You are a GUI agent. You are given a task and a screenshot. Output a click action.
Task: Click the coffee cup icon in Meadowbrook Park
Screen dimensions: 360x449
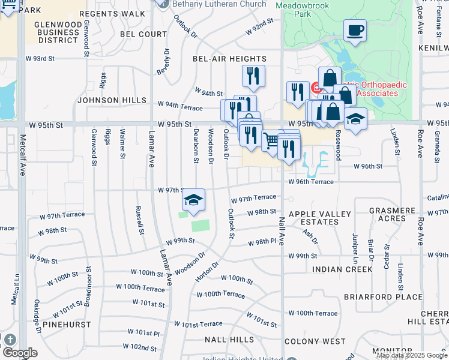pyautogui.click(x=355, y=31)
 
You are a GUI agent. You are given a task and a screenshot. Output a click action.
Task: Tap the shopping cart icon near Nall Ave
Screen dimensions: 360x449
pyautogui.click(x=272, y=140)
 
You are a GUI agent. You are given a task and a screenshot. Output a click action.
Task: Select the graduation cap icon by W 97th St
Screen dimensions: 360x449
pyautogui.click(x=194, y=200)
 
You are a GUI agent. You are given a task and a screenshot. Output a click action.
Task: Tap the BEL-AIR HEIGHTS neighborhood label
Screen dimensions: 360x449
pyautogui.click(x=229, y=59)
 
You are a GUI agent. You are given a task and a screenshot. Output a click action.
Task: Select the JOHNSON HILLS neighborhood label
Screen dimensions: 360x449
pyautogui.click(x=112, y=100)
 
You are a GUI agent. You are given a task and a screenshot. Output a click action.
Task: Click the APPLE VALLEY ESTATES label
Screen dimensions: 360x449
pyautogui.click(x=320, y=218)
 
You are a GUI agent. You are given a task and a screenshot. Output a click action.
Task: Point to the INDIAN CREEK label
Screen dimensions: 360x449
pyautogui.click(x=343, y=269)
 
